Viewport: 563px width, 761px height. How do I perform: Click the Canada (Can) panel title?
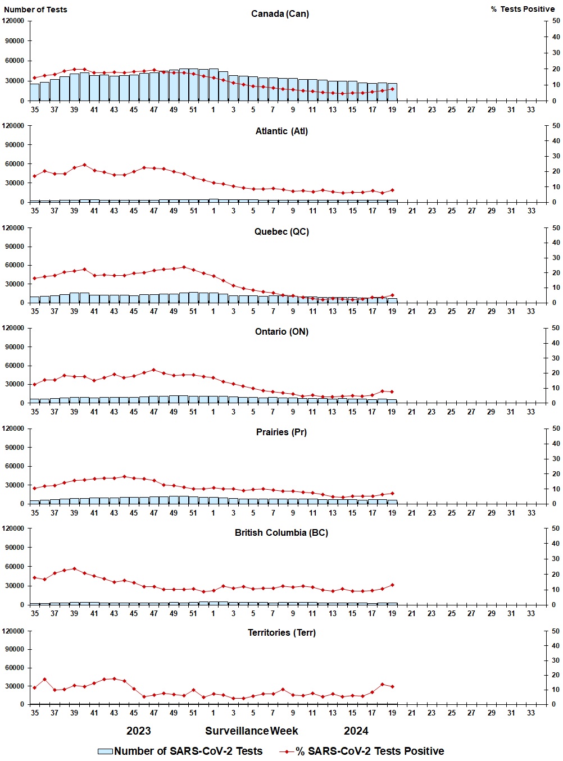point(280,13)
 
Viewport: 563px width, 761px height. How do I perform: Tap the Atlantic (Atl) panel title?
point(281,131)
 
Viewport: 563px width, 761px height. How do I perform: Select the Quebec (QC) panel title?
point(281,231)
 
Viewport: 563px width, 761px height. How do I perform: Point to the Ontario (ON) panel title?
point(281,331)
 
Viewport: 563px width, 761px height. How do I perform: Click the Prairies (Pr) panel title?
point(281,432)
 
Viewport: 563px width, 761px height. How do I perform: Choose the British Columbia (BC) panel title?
point(281,532)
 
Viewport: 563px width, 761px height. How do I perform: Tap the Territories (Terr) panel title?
point(281,632)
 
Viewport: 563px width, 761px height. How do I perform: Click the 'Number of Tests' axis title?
point(35,10)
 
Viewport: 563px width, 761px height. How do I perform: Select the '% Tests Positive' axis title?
point(523,9)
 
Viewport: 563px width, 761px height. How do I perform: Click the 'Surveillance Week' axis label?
point(252,731)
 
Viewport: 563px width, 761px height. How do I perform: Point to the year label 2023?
point(138,731)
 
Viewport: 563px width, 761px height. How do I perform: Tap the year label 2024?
point(356,731)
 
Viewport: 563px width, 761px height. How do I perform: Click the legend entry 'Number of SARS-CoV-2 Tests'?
point(180,751)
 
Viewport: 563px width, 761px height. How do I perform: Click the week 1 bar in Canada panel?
point(214,85)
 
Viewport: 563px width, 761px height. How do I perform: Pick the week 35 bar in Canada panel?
point(35,92)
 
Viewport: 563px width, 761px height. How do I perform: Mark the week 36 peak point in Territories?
point(44,679)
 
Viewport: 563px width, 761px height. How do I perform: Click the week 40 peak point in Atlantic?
point(84,165)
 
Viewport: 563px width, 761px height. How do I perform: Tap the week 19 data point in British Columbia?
point(392,585)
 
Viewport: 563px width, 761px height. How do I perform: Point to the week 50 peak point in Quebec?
point(184,267)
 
